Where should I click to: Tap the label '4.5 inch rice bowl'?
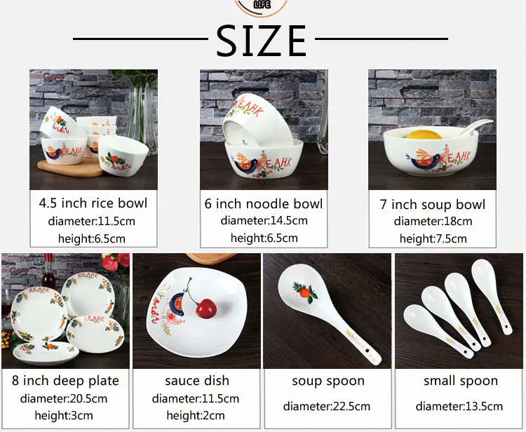click(x=93, y=203)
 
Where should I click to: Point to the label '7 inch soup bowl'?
click(x=433, y=205)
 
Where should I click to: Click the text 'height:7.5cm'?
click(x=433, y=238)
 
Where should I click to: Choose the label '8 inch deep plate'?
click(x=65, y=381)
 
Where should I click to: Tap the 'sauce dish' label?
click(x=197, y=381)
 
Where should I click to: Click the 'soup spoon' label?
click(x=328, y=381)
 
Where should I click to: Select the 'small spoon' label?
click(x=460, y=381)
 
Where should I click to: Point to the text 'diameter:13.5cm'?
click(x=460, y=406)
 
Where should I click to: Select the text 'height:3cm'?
click(x=65, y=415)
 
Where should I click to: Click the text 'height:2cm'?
click(x=197, y=415)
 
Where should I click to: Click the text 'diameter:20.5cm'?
click(x=65, y=398)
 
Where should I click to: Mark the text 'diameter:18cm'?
click(x=433, y=222)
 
